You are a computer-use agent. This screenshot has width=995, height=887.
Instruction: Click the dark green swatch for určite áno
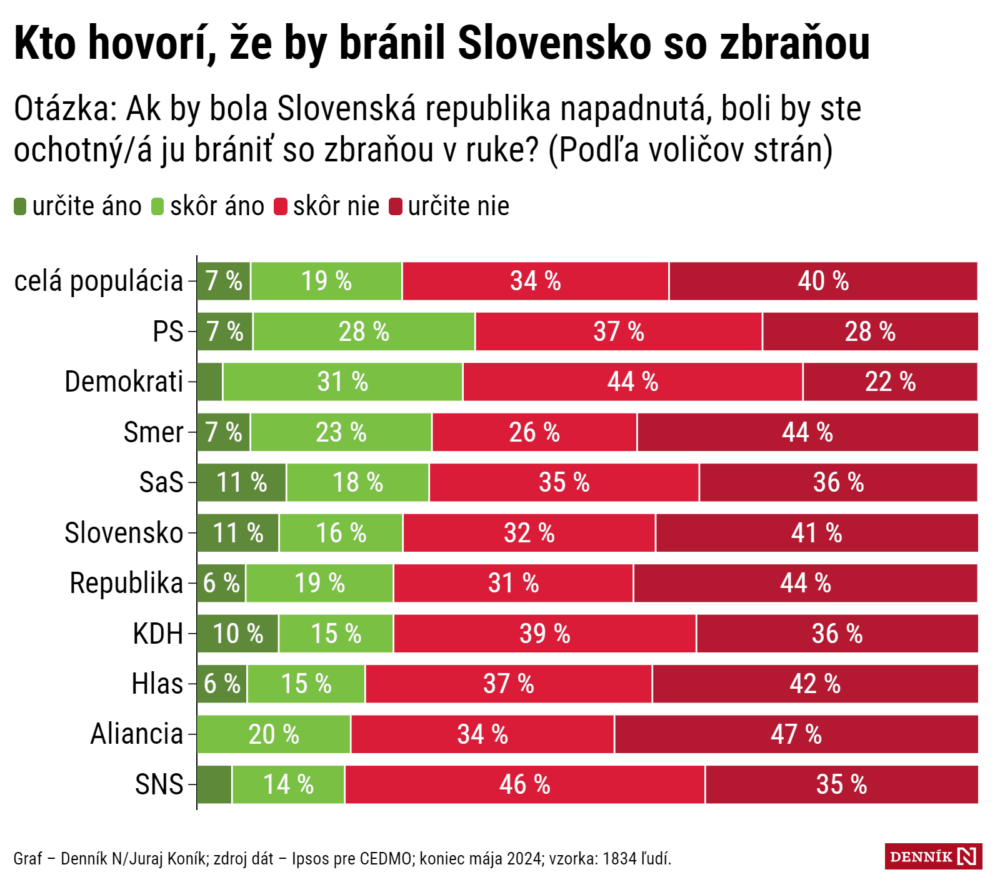coord(20,206)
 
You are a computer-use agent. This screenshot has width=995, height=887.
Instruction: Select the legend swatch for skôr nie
coord(281,206)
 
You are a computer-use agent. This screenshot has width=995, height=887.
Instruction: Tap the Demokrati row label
coord(124,382)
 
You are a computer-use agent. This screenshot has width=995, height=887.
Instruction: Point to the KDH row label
coord(158,634)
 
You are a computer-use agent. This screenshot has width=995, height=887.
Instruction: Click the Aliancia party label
coord(137,734)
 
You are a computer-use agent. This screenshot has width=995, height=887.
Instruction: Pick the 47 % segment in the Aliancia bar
coord(796,734)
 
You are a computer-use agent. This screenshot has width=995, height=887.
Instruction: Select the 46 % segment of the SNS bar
coord(524,784)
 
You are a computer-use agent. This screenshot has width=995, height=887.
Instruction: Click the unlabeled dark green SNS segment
coord(214,784)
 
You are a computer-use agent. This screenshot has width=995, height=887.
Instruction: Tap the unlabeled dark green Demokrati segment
coord(210,382)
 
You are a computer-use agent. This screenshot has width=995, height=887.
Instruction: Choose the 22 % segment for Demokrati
coord(890,382)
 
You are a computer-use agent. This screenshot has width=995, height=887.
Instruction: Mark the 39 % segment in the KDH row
coord(544,634)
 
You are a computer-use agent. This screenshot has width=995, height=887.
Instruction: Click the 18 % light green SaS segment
coord(357,482)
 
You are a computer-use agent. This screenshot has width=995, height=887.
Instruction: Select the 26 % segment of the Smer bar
coord(534,432)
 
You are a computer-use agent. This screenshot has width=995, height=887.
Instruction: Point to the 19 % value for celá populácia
coord(326,281)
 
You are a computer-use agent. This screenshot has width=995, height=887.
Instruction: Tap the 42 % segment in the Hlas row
coord(814,684)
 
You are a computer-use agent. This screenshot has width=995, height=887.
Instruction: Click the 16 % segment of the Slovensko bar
coord(341,533)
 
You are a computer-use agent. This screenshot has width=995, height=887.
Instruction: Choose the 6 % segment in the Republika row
coord(221,583)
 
